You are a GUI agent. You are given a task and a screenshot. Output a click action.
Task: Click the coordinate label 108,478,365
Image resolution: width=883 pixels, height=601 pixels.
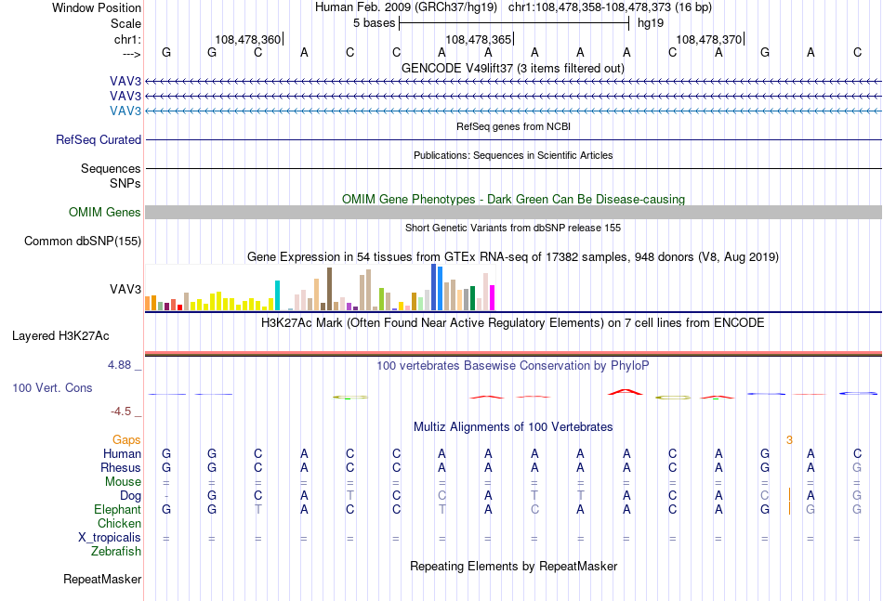tap(478, 39)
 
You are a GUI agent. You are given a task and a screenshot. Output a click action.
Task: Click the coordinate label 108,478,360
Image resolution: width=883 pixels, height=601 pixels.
tap(248, 39)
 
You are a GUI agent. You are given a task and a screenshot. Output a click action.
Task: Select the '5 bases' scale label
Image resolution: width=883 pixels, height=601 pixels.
tap(374, 23)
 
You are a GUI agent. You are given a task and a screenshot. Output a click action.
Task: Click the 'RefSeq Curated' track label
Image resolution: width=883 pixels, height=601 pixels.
tap(99, 139)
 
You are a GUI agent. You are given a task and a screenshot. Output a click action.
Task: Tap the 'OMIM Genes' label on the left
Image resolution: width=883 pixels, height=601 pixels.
tap(105, 212)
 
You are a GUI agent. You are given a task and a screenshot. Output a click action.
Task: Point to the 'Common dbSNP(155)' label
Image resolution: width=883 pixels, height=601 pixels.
tap(83, 241)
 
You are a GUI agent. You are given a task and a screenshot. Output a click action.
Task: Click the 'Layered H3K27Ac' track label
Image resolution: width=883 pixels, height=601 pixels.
tap(60, 336)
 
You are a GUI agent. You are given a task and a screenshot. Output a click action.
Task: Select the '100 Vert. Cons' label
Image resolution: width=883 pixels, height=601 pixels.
tap(52, 387)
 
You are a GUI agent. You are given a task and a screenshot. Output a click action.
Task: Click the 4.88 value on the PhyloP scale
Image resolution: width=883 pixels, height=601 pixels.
tap(119, 365)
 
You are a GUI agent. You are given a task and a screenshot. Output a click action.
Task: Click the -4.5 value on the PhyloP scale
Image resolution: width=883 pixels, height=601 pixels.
tap(121, 412)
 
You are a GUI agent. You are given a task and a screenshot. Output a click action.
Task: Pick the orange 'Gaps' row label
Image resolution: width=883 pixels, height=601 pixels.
tap(126, 439)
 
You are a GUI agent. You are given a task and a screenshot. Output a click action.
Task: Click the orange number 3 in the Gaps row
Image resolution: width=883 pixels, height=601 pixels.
tap(789, 440)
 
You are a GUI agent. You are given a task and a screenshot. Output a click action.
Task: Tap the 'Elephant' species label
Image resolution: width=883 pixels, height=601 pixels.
tap(118, 509)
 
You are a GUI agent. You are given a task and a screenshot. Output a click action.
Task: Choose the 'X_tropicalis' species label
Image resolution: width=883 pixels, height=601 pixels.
tap(110, 538)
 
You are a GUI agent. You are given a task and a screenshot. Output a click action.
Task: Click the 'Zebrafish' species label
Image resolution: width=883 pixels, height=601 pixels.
tap(116, 552)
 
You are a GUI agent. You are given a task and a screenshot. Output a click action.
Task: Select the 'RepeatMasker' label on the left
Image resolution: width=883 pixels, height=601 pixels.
tap(102, 579)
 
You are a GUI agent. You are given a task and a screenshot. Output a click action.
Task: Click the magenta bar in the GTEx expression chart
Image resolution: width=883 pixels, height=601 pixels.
tap(493, 297)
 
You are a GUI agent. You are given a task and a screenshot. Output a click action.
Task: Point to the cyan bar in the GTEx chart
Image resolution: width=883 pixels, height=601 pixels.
tap(277, 295)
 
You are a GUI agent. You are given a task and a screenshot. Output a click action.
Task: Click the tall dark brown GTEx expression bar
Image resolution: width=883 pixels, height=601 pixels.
tap(329, 289)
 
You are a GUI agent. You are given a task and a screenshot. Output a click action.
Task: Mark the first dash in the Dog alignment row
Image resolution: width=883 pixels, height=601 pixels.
tap(166, 496)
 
